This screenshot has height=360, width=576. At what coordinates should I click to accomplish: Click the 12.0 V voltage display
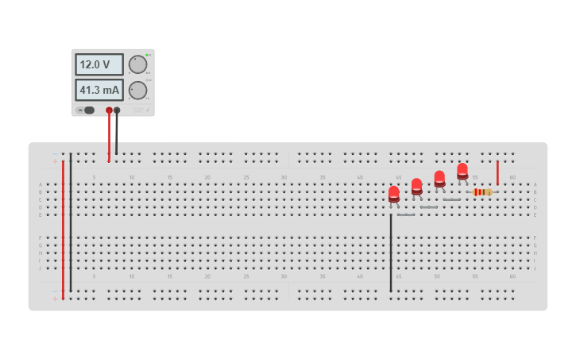pyautogui.click(x=99, y=64)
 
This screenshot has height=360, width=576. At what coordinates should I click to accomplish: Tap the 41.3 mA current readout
pyautogui.click(x=99, y=90)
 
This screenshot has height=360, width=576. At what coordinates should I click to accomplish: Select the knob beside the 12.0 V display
pyautogui.click(x=137, y=64)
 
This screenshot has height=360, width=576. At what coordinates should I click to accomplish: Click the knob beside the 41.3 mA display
pyautogui.click(x=137, y=90)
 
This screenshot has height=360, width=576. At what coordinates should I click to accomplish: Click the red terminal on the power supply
pyautogui.click(x=109, y=110)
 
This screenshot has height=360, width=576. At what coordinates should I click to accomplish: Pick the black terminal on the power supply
pyautogui.click(x=117, y=110)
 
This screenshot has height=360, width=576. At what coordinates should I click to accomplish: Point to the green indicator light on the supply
pyautogui.click(x=148, y=55)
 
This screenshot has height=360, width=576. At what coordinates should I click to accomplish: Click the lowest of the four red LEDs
pyautogui.click(x=393, y=193)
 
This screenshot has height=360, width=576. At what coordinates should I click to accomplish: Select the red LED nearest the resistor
pyautogui.click(x=462, y=170)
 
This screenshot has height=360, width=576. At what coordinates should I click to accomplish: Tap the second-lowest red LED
pyautogui.click(x=416, y=186)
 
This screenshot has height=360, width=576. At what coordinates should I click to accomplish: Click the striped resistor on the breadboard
pyautogui.click(x=481, y=192)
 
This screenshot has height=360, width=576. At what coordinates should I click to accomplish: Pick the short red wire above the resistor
pyautogui.click(x=497, y=172)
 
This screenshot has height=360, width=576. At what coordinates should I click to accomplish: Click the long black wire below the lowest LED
pyautogui.click(x=391, y=254)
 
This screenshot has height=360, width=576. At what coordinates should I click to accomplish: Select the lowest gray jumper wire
pyautogui.click(x=406, y=215)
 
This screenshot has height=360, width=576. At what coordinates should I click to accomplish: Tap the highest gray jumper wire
pyautogui.click(x=452, y=199)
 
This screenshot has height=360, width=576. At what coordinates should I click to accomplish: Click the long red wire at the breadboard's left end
pyautogui.click(x=63, y=230)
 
